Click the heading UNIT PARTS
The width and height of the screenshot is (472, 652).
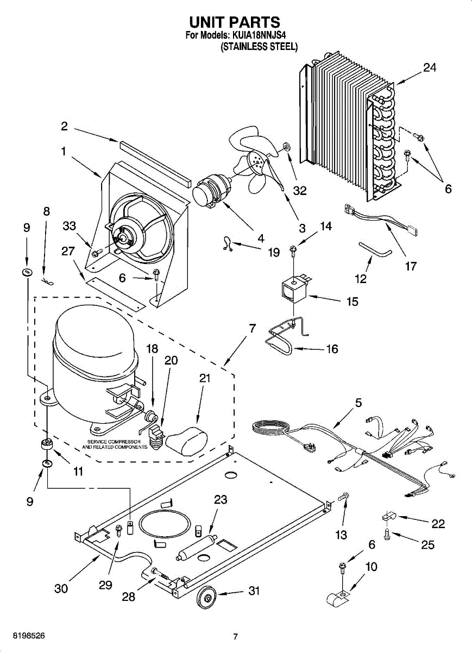tap(234, 22)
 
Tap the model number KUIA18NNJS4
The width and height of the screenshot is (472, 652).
tap(259, 36)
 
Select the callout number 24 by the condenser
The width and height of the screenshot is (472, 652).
tap(430, 68)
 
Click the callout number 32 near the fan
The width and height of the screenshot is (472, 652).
tap(300, 191)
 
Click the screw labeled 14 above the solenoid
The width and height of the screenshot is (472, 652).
tap(293, 249)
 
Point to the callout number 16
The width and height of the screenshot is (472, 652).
tap(332, 348)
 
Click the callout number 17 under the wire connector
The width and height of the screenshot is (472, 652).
tap(411, 266)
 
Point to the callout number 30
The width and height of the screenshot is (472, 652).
tap(61, 588)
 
